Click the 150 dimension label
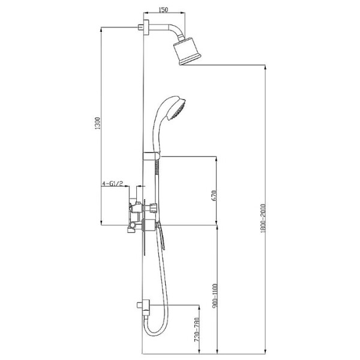click(x=163, y=10)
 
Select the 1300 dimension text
click(x=98, y=123)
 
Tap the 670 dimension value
click(x=214, y=195)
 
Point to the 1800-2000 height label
click(x=263, y=218)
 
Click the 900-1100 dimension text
click(x=215, y=296)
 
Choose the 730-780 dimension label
click(x=197, y=330)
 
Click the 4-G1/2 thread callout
click(x=113, y=184)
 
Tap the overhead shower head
click(x=187, y=51)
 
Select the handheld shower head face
click(x=178, y=110)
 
